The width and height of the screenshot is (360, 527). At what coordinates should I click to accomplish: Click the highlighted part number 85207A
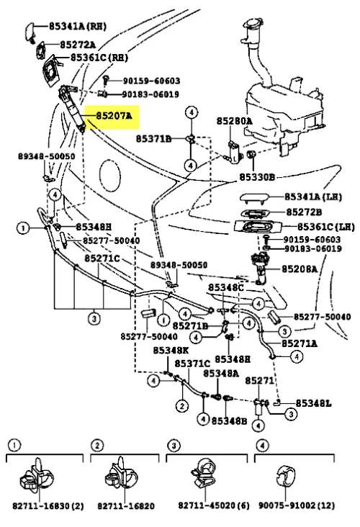tap(114, 116)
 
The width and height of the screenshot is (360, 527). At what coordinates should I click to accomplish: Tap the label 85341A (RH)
tap(78, 26)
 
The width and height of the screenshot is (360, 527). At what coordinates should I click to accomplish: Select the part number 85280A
tap(234, 121)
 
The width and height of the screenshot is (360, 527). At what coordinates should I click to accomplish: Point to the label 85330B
tap(257, 177)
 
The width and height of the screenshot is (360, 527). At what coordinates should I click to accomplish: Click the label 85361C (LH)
tap(326, 228)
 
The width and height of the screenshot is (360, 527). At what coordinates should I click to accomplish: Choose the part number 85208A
tap(300, 269)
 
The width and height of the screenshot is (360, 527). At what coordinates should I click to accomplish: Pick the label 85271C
tap(102, 258)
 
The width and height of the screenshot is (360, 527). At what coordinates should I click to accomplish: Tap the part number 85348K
tap(171, 351)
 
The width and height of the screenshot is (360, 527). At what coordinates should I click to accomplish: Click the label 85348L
tap(313, 403)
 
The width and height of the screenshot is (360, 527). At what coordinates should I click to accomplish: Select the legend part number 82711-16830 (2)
tap(48, 506)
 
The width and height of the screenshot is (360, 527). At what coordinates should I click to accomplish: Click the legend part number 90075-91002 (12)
tap(297, 505)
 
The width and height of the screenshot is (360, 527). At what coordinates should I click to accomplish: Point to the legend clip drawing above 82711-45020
tap(205, 474)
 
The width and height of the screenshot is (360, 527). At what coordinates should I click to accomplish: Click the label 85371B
tap(153, 138)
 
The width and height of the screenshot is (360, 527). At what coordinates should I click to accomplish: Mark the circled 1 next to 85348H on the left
tap(23, 229)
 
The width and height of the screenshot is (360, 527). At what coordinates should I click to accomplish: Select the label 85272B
tap(304, 212)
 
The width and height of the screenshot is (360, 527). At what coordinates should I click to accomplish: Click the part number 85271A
tap(299, 343)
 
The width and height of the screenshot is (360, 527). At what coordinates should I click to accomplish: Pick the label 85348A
tap(221, 373)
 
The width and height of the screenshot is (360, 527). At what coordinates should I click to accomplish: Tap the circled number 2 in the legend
tap(96, 446)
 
